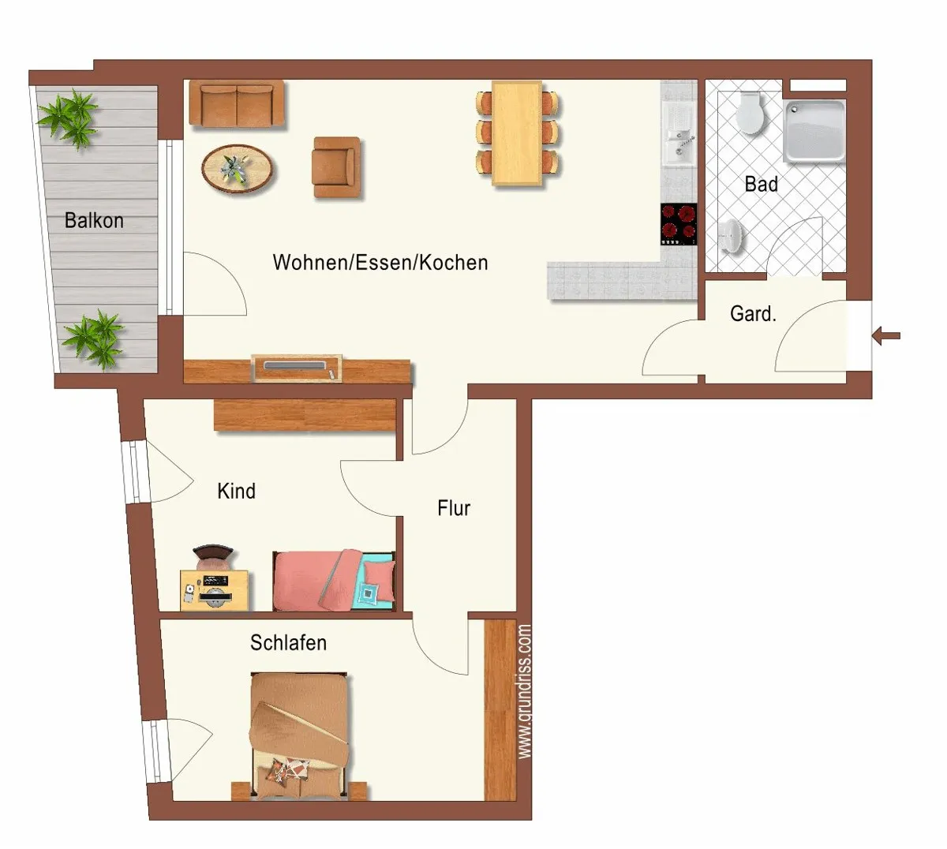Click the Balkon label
tap(94, 220)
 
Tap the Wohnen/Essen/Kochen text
tap(380, 262)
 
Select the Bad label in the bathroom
tap(761, 184)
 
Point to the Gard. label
tap(753, 313)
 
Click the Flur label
tap(454, 507)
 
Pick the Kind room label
tap(236, 491)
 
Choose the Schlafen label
tap(288, 642)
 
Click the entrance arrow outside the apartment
tap(885, 335)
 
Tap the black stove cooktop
tap(678, 224)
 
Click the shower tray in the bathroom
tap(814, 131)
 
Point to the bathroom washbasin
tap(731, 236)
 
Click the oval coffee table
tap(238, 168)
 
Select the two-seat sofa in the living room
tap(237, 104)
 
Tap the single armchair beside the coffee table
tap(336, 167)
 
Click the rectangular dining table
tap(517, 133)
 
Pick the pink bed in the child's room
tap(334, 580)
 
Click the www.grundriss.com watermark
tap(525, 691)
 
